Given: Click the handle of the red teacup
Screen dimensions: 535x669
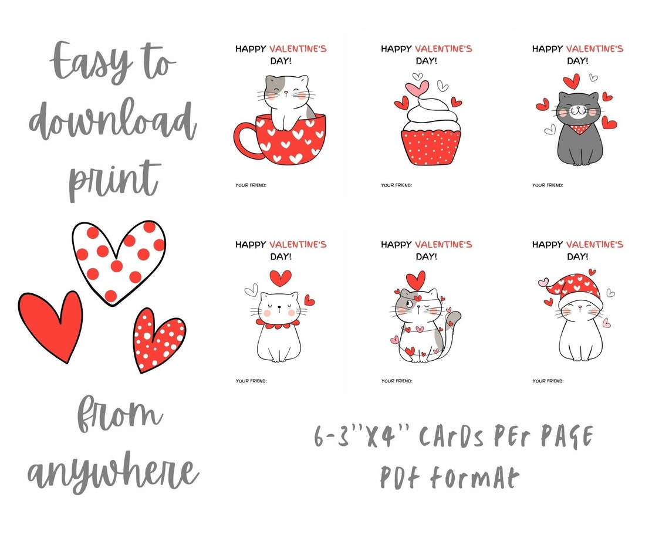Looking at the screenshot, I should [x=244, y=140].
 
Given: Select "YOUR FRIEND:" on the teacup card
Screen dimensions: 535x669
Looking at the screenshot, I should [x=251, y=185].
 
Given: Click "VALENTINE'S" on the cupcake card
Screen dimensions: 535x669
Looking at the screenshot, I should [x=443, y=49].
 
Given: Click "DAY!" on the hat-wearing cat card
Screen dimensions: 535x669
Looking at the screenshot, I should [x=578, y=256].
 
